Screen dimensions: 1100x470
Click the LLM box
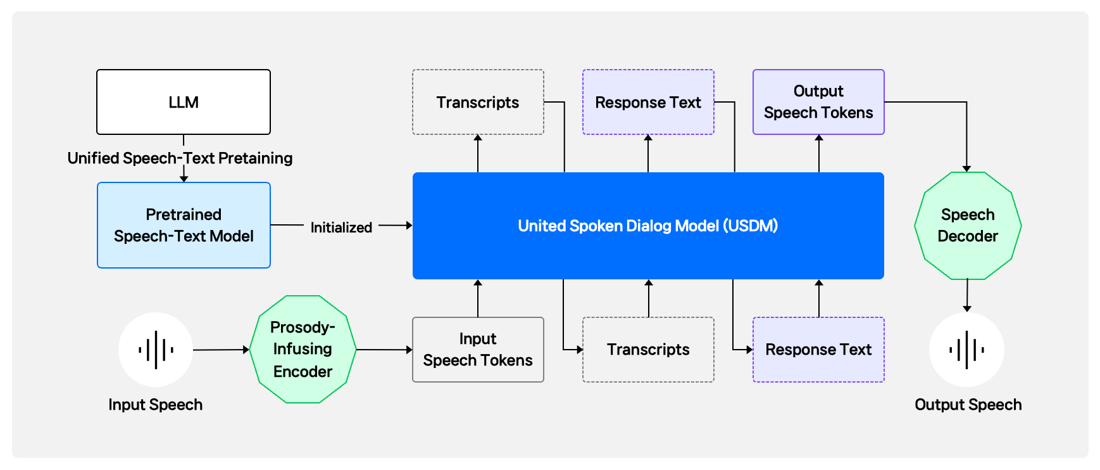point(184,102)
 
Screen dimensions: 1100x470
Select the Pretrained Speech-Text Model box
point(184,225)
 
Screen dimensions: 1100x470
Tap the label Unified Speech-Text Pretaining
point(180,158)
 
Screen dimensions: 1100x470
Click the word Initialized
point(341,227)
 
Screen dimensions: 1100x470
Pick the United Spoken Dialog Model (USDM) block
point(648,225)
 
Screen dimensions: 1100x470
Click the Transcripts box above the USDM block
point(478,102)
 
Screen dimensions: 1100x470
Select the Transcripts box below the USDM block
point(648,350)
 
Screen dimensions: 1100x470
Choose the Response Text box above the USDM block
point(648,102)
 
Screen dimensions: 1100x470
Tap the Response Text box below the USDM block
point(818,350)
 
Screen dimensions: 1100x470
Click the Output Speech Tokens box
point(818,102)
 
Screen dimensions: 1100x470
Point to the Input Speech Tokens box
point(478,350)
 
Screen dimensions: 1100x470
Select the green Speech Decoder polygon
point(968,225)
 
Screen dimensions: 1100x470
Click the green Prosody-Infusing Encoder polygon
point(303,349)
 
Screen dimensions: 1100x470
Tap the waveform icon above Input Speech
point(156,350)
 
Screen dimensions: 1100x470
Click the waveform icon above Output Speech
point(967,350)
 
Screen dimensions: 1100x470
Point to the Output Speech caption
point(968,405)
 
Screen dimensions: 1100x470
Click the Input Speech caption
point(156,405)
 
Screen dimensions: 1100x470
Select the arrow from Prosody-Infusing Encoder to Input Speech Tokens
point(384,350)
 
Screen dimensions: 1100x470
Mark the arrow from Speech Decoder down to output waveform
point(967,296)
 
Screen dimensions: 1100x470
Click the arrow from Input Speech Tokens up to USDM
point(478,298)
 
